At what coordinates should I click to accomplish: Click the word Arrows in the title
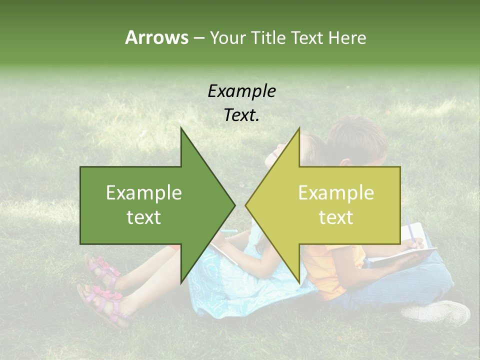pyautogui.click(x=156, y=37)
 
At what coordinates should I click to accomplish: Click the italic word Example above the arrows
pyautogui.click(x=242, y=91)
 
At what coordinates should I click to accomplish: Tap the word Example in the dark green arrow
pyautogui.click(x=144, y=192)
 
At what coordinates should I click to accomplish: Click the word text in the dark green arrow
pyautogui.click(x=144, y=217)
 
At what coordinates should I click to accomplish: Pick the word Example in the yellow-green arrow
pyautogui.click(x=336, y=192)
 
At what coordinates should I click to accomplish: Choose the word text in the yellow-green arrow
pyautogui.click(x=336, y=217)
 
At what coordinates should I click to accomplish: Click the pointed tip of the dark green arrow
pyautogui.click(x=233, y=205)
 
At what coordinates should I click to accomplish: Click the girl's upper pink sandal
pyautogui.click(x=102, y=267)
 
